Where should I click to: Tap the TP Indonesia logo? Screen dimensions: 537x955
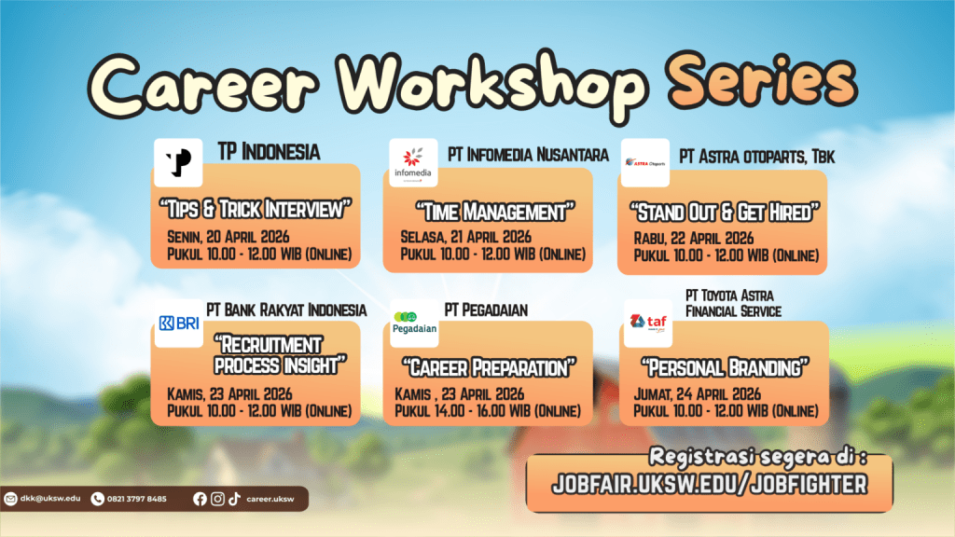pyautogui.click(x=177, y=162)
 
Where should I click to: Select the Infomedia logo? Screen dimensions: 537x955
pyautogui.click(x=413, y=162)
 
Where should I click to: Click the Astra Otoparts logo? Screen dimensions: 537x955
pyautogui.click(x=644, y=162)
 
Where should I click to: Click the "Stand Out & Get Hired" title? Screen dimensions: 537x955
pyautogui.click(x=723, y=210)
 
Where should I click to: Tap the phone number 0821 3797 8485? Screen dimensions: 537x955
pyautogui.click(x=136, y=499)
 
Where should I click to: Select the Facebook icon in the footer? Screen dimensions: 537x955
pyautogui.click(x=199, y=499)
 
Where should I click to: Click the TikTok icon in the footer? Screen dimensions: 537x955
pyautogui.click(x=234, y=499)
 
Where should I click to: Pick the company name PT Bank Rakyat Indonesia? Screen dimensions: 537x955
pyautogui.click(x=286, y=310)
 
